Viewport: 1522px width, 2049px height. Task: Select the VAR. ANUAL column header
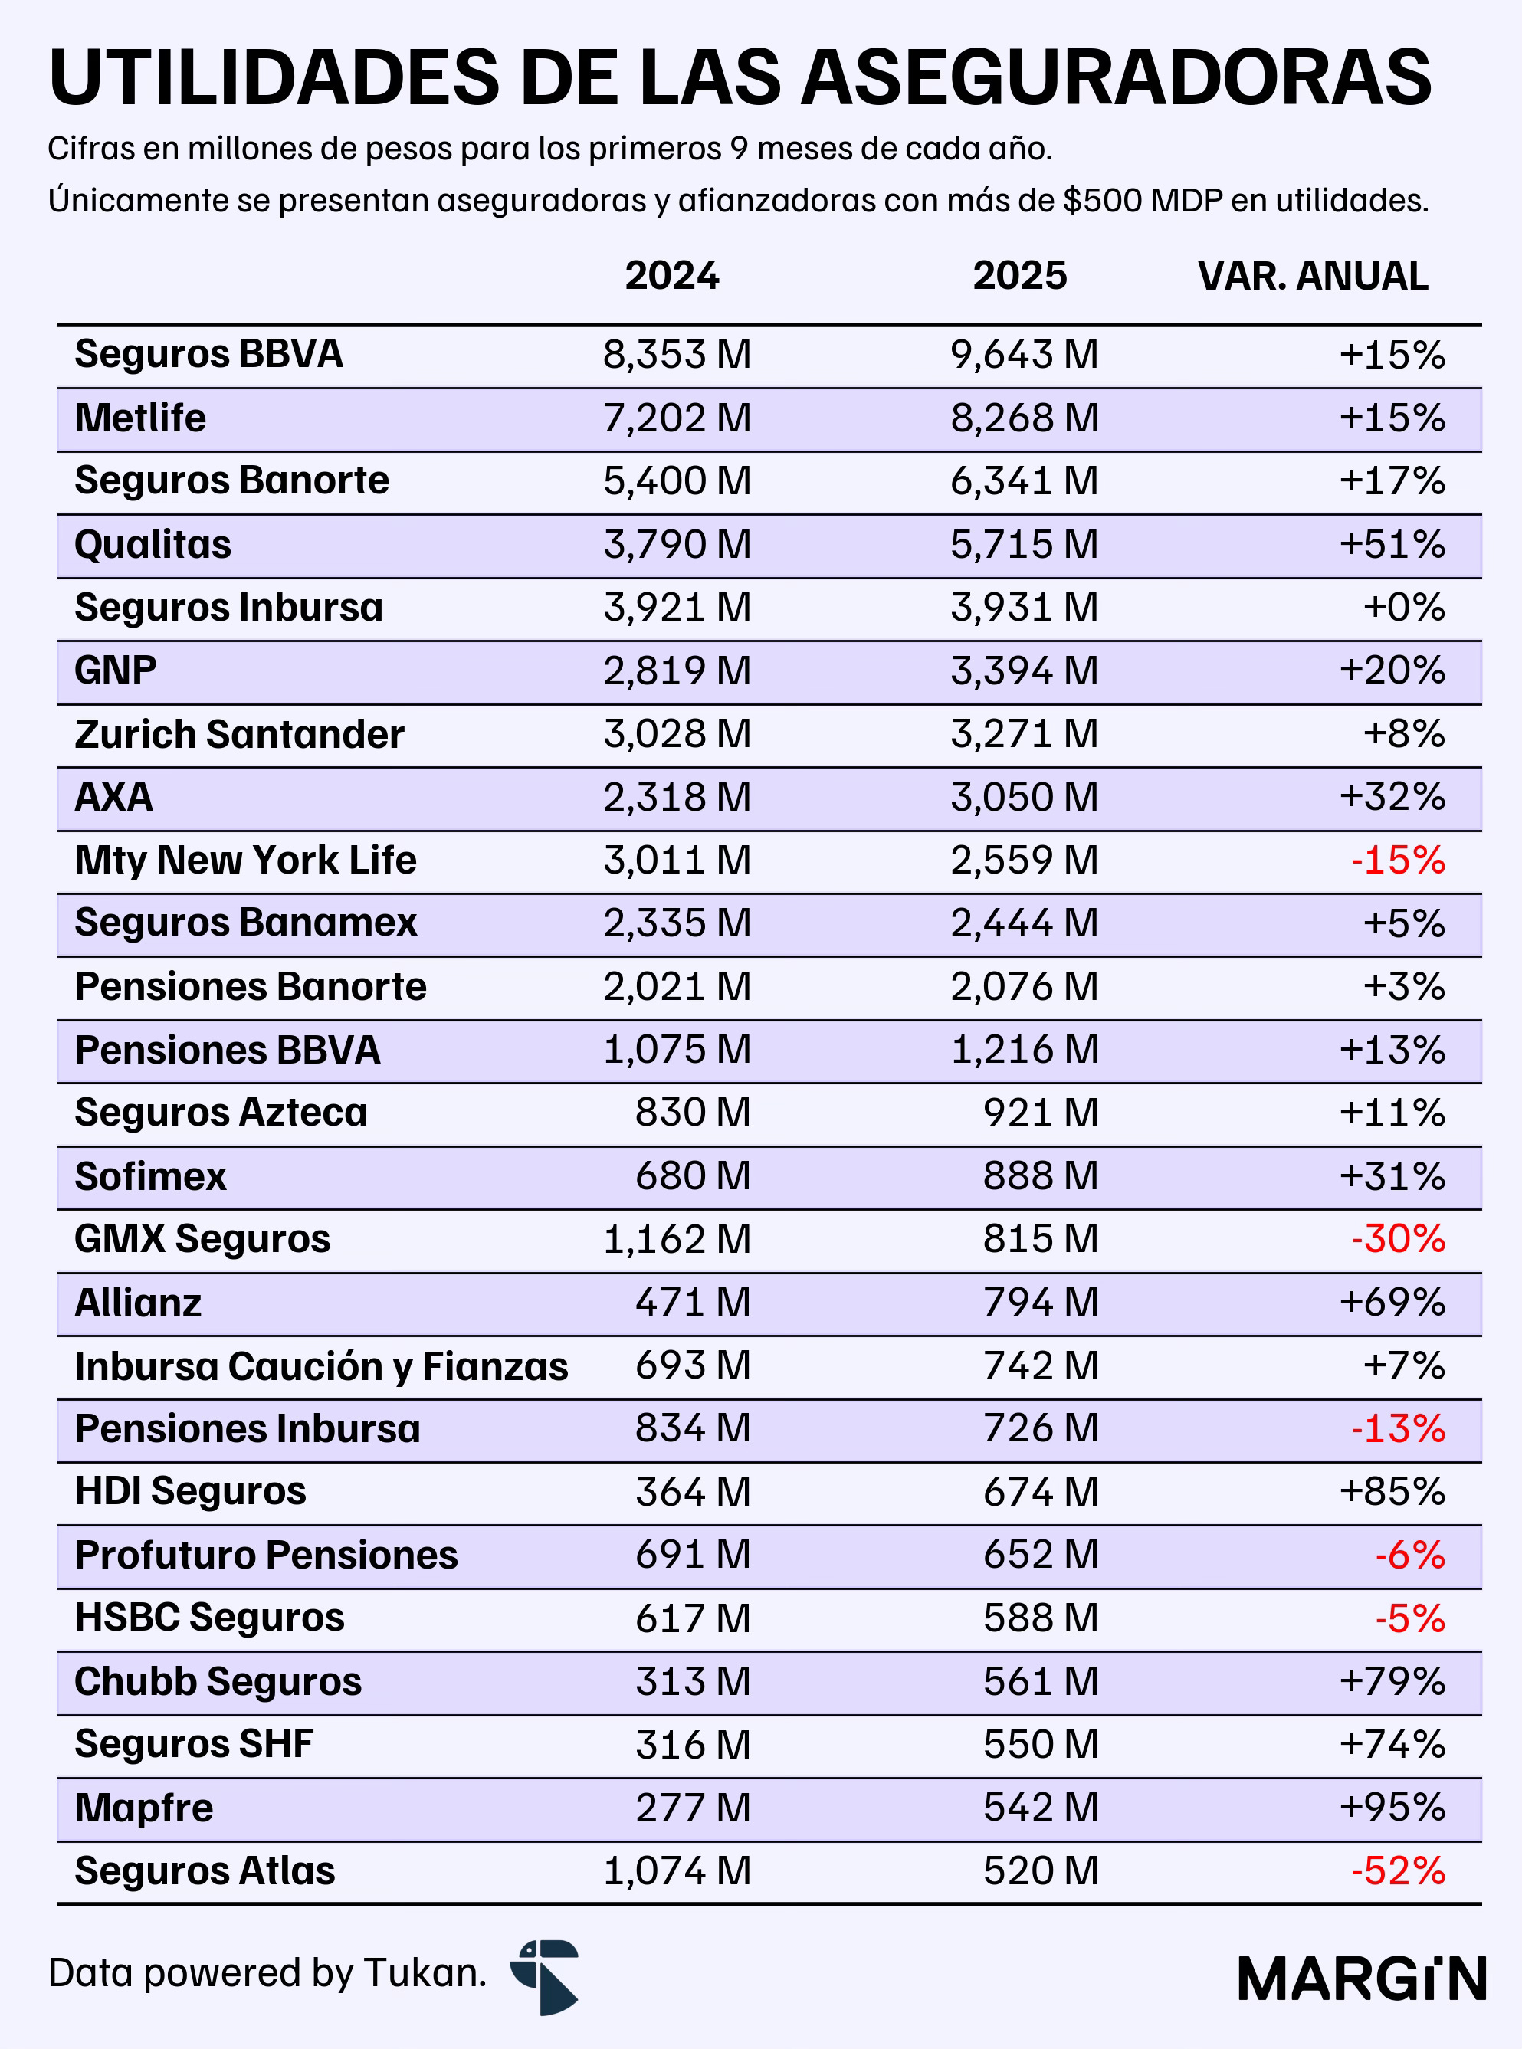click(x=1313, y=277)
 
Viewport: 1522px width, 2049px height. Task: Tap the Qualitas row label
click(x=153, y=545)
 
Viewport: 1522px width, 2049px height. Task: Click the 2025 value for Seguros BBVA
click(x=1025, y=355)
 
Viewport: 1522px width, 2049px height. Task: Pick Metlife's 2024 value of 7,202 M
click(x=677, y=418)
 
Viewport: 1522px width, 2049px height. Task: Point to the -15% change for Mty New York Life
click(x=1398, y=861)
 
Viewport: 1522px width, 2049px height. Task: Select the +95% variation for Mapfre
click(x=1392, y=1808)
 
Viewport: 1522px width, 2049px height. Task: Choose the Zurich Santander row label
click(x=240, y=734)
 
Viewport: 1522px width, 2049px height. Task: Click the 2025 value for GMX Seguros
click(x=1041, y=1239)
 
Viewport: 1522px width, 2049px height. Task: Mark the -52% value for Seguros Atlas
click(x=1398, y=1871)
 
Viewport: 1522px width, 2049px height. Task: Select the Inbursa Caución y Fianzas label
click(x=322, y=1366)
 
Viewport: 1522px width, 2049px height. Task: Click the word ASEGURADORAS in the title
click(x=1116, y=77)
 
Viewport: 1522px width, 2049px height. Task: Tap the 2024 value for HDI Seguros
click(x=693, y=1492)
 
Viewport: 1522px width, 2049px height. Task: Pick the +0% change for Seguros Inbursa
click(x=1404, y=608)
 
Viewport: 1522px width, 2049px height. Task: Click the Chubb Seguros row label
click(x=218, y=1681)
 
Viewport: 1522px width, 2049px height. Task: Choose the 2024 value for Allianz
click(x=693, y=1303)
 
